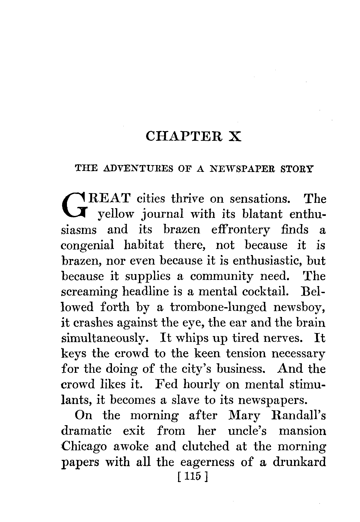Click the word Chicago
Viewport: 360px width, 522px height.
[x=84, y=447]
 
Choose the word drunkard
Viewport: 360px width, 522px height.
[x=299, y=462]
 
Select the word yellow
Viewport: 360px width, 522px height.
[x=115, y=214]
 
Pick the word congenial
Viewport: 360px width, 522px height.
[x=88, y=245]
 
